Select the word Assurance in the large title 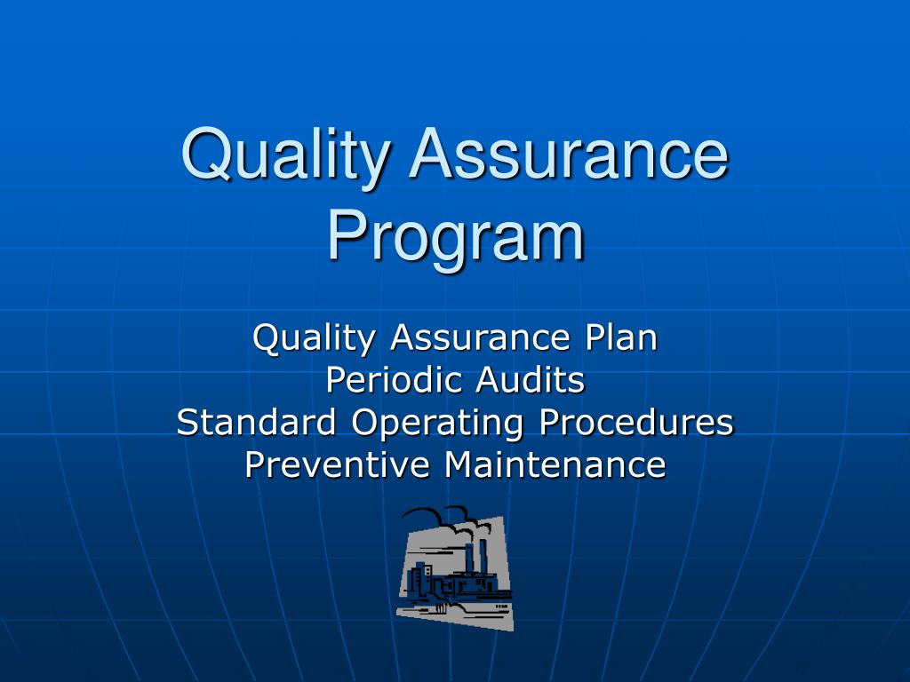click(x=568, y=155)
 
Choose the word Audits click(x=531, y=380)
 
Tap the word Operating click(x=436, y=424)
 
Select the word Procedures click(x=635, y=422)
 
